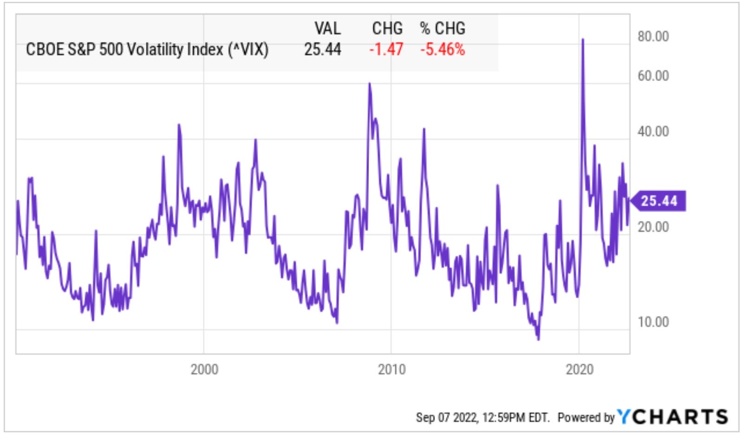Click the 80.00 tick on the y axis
click(x=653, y=36)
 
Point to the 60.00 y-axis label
click(x=653, y=76)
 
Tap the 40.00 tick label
click(x=653, y=132)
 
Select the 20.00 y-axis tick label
click(x=653, y=227)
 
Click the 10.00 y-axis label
click(x=653, y=321)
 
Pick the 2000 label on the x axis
click(x=204, y=369)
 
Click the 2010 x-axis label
click(x=392, y=369)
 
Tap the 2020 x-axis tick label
click(x=579, y=369)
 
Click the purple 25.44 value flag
click(x=658, y=201)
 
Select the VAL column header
click(x=328, y=28)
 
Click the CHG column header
click(x=387, y=28)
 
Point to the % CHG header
click(x=442, y=28)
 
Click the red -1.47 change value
click(x=386, y=49)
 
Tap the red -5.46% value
click(x=442, y=49)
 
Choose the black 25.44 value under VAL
click(x=322, y=49)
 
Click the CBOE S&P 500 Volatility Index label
click(x=147, y=49)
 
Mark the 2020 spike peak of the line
click(x=583, y=40)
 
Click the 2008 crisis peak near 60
click(x=370, y=84)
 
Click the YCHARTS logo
click(x=672, y=417)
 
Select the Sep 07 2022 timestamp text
click(x=483, y=417)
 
